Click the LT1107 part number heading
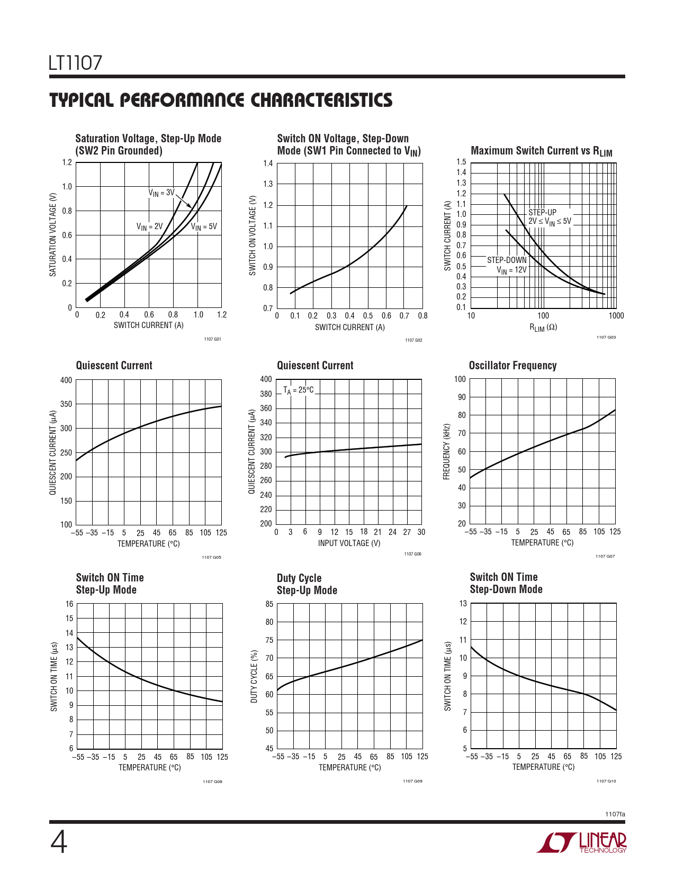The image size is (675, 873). tap(75, 63)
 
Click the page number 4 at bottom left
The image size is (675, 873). tap(59, 842)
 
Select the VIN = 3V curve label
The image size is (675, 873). tap(161, 193)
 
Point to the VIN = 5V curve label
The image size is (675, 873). tap(204, 226)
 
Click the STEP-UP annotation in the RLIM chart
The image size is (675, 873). tap(543, 212)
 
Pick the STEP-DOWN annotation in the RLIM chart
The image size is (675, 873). tap(507, 260)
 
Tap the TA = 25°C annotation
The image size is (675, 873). tap(299, 390)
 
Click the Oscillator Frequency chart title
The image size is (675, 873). tap(512, 366)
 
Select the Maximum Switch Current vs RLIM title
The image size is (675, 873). tap(541, 151)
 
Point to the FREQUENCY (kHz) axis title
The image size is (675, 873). tap(447, 451)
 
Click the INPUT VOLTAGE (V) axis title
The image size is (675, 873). tap(349, 543)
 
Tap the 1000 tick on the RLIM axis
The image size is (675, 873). tap(616, 316)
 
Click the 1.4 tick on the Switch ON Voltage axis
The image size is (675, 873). tap(268, 163)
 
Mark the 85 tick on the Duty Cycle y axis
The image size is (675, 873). tap(269, 604)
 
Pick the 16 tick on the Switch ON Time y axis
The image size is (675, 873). tap(69, 604)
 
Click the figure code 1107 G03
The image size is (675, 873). tap(606, 338)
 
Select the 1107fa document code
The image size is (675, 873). tap(615, 814)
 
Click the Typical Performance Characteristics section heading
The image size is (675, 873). tap(221, 101)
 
